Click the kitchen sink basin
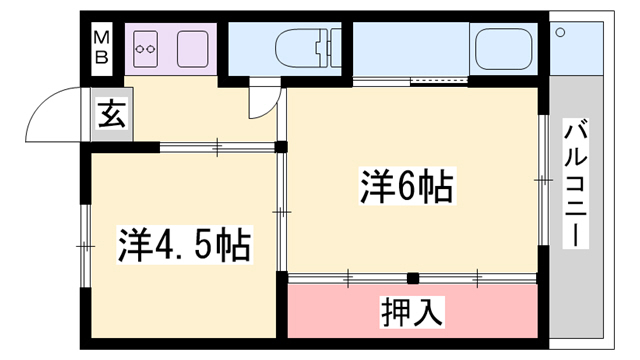193,46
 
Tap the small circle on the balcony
561,33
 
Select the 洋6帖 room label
404,187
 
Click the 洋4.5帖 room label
184,243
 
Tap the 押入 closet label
411,312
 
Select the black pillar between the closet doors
412,277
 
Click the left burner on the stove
142,46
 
